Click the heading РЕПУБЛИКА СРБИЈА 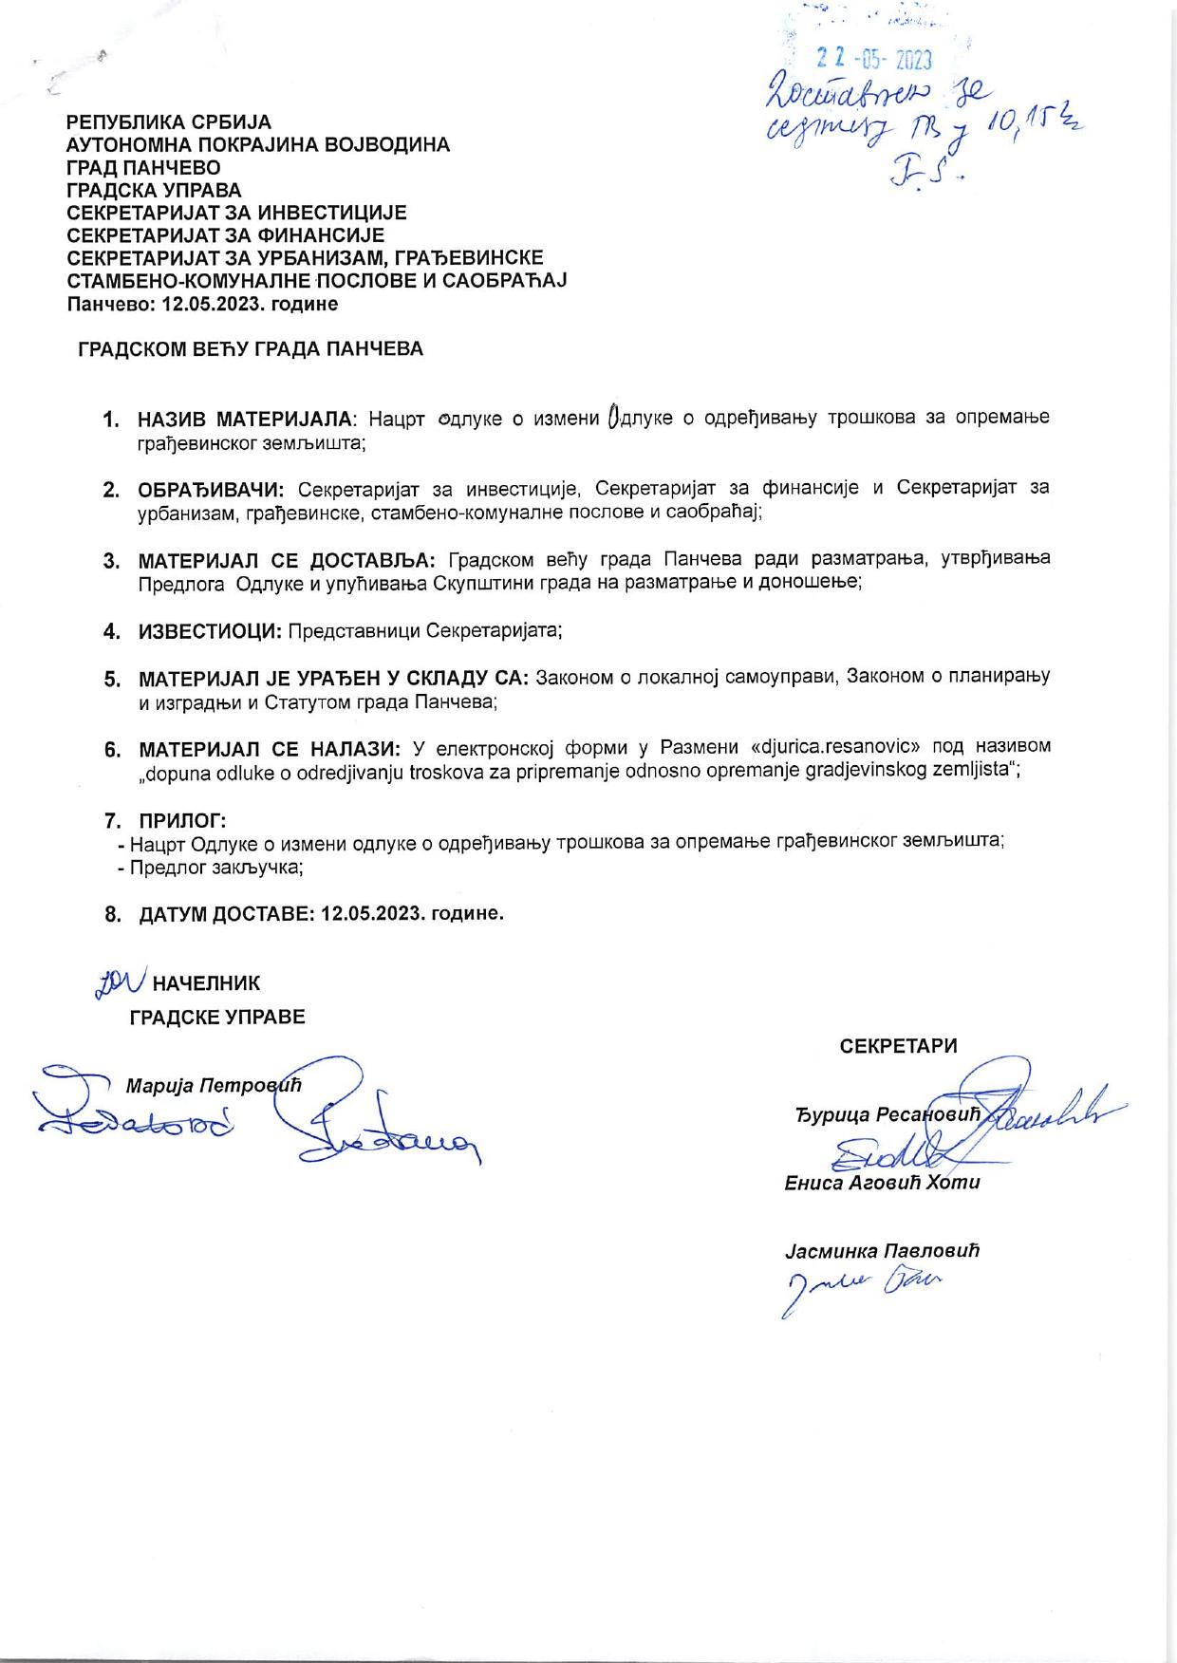coord(168,122)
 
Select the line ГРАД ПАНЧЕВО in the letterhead coord(142,168)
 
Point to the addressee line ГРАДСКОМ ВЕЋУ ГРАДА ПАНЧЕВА coord(251,349)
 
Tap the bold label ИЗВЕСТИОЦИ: coord(210,631)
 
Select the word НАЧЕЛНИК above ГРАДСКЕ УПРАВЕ coord(206,983)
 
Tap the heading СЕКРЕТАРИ coord(898,1046)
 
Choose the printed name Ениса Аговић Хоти coord(882,1183)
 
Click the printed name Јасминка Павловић coord(882,1250)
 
